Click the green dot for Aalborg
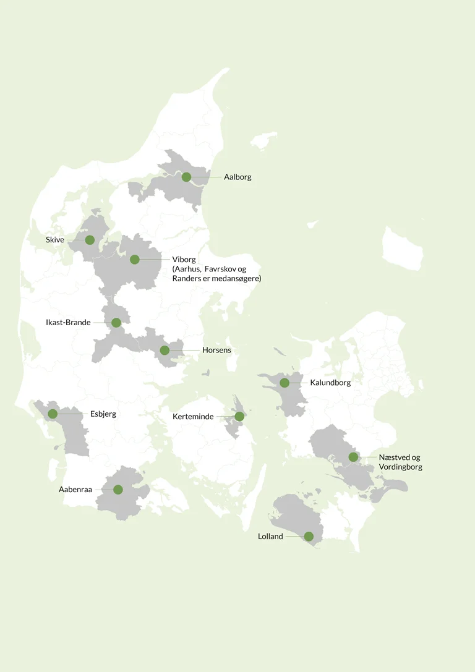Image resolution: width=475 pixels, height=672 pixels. point(186,177)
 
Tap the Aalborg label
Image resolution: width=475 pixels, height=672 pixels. point(237,177)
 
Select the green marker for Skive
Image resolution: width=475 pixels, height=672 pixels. point(90,240)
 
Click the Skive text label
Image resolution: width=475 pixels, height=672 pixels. point(55,240)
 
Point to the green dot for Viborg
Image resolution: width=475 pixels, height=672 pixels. point(135,260)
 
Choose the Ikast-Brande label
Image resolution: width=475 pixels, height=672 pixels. point(68,323)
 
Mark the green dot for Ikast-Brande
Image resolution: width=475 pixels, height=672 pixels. point(116,323)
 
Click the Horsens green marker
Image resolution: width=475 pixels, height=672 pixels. point(165,351)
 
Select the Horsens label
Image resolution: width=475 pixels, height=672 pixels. point(216,351)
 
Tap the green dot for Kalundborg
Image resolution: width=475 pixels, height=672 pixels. point(285,383)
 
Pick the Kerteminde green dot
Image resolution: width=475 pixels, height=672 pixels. point(239,417)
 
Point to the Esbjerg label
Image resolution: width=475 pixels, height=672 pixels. point(103,414)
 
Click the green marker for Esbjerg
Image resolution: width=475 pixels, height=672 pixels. point(53,414)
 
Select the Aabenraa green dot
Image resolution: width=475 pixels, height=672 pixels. point(118,490)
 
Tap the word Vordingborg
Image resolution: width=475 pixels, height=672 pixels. point(401,467)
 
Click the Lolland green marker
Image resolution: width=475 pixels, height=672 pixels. point(309,537)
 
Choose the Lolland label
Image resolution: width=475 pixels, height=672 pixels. point(270,537)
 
